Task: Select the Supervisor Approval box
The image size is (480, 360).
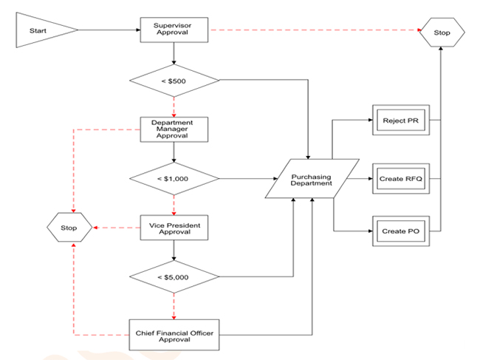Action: (x=173, y=30)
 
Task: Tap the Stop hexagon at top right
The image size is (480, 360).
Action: (x=442, y=32)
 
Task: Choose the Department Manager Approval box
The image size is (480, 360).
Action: (x=173, y=128)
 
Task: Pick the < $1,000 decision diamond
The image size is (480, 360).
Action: (x=173, y=179)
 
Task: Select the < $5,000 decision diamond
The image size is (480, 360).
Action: (x=173, y=277)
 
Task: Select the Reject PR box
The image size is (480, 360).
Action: (x=401, y=120)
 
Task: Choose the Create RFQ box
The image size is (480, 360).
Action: (x=401, y=179)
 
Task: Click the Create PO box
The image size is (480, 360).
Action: (x=401, y=231)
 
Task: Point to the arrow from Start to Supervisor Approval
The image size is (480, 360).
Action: (x=109, y=30)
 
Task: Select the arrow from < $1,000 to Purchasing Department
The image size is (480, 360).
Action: (x=247, y=179)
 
